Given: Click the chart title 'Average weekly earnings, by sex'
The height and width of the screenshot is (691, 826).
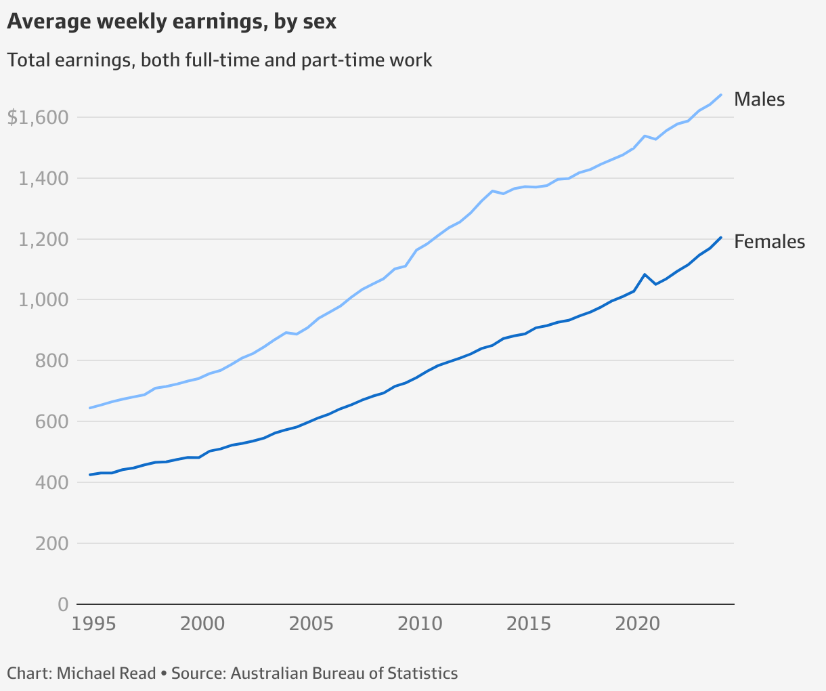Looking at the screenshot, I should pos(171,22).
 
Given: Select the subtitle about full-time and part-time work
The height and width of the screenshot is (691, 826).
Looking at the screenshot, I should pos(219,60).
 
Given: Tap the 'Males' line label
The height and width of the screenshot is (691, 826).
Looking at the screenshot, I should pos(759,100).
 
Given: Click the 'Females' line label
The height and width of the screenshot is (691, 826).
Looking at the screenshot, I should pos(769,242).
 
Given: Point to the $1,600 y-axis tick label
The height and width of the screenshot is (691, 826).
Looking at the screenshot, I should pos(38,118).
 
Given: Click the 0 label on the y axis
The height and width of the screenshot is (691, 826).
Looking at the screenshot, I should pos(63,604).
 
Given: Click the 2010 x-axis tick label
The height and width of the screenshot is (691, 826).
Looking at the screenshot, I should pos(420,623).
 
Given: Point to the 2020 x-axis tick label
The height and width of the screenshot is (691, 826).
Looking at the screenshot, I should pos(637,623).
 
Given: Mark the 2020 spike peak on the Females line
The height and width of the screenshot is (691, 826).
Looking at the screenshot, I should pos(645,274).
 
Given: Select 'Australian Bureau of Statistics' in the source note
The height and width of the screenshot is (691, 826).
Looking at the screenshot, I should pos(344,673).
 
